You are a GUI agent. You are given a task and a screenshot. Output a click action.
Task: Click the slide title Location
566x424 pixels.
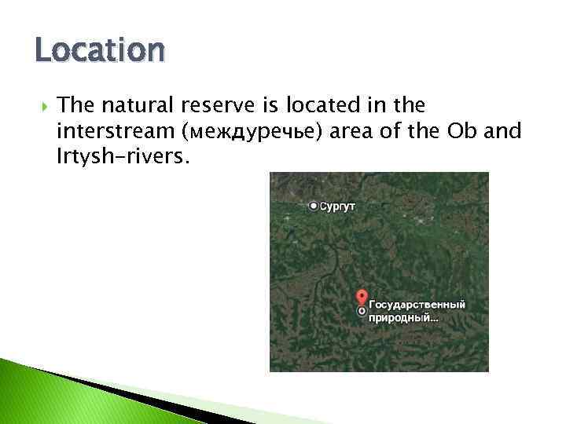pyautogui.click(x=100, y=52)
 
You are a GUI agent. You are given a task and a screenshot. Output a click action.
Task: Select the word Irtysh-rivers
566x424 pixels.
pyautogui.click(x=123, y=156)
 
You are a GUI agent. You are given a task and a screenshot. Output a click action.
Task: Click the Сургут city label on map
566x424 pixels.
pyautogui.click(x=339, y=206)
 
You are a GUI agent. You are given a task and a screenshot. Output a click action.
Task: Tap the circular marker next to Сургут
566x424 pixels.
pyautogui.click(x=314, y=206)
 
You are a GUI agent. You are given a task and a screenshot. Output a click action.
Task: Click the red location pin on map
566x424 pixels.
pyautogui.click(x=362, y=298)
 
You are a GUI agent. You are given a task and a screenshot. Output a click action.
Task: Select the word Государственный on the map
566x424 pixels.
pyautogui.click(x=417, y=304)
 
